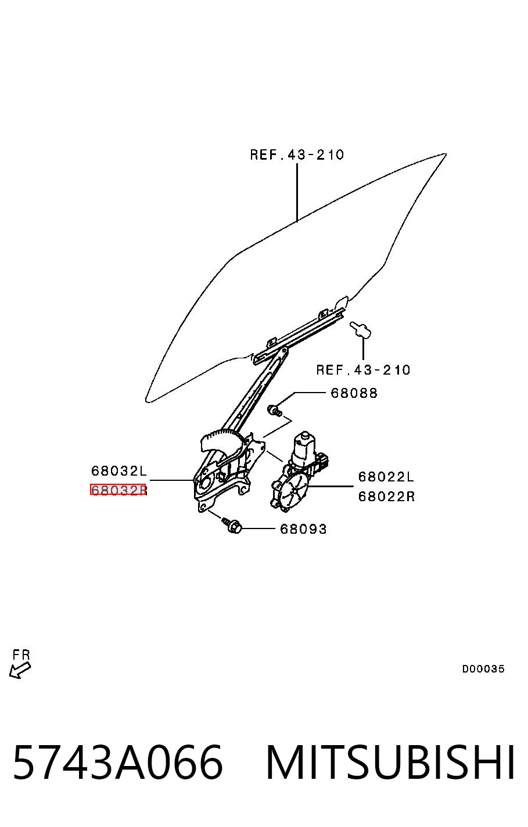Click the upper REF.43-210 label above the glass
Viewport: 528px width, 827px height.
tap(297, 154)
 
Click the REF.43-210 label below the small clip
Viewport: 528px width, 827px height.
tap(363, 369)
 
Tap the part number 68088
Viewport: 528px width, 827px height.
tap(354, 393)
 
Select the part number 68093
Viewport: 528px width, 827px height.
tap(304, 529)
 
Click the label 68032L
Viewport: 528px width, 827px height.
tap(119, 471)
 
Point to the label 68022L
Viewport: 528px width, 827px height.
tap(386, 477)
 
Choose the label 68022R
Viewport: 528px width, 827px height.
tap(386, 496)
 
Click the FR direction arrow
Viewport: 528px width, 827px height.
tap(20, 670)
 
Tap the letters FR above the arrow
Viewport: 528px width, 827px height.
tap(21, 655)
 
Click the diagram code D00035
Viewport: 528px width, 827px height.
tap(483, 668)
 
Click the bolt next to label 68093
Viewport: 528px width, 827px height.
tap(232, 526)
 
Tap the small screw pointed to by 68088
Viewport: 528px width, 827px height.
tap(275, 410)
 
